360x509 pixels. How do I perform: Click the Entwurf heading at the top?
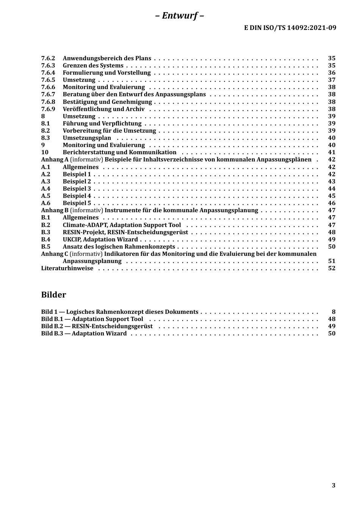point(180,16)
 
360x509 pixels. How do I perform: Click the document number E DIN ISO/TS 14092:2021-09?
point(290,27)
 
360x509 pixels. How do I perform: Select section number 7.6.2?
point(48,58)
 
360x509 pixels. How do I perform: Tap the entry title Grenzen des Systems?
point(93,66)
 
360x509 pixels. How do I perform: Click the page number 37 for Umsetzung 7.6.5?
point(332,80)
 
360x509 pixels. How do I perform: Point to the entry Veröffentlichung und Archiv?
point(103,109)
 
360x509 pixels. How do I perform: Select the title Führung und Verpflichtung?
point(102,124)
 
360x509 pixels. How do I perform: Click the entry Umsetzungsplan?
point(87,138)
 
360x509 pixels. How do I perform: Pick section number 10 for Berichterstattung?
point(45,152)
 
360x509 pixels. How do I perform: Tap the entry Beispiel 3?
point(77,189)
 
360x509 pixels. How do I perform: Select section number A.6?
point(45,203)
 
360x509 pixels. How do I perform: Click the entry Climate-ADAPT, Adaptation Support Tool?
point(122,225)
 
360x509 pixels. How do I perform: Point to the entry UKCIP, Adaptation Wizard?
point(100,240)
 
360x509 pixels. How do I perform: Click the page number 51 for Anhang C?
point(332,261)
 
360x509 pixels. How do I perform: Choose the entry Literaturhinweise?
point(67,268)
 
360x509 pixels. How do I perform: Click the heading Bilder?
point(53,295)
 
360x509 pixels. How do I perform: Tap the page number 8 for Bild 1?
point(333,312)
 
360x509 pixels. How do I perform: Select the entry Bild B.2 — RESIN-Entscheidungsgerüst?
point(97,326)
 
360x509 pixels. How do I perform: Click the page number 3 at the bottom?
point(333,486)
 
